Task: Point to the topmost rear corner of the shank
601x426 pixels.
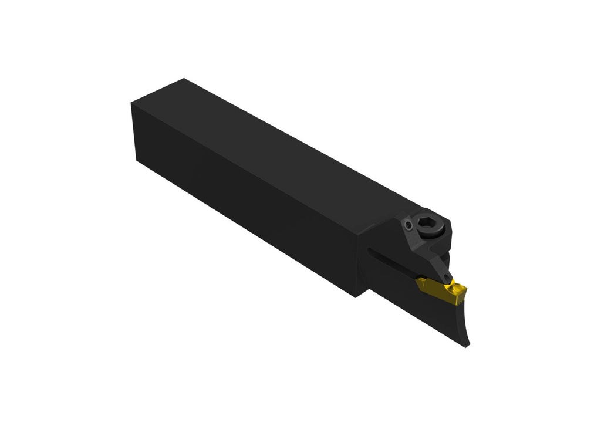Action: [184, 79]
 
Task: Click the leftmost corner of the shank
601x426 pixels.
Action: [131, 104]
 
